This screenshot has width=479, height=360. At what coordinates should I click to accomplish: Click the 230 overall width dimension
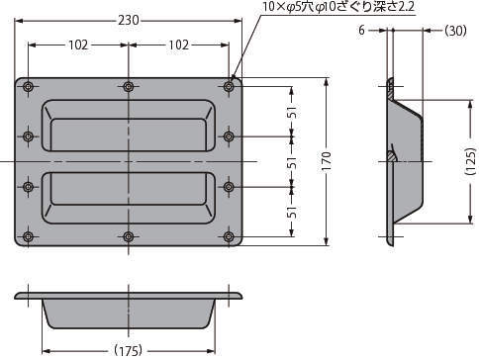(x=129, y=21)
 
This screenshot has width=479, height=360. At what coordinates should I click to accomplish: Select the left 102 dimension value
(x=78, y=45)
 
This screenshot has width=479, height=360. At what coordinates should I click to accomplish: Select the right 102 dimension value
(x=179, y=45)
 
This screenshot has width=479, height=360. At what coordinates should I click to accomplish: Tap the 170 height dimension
(x=326, y=161)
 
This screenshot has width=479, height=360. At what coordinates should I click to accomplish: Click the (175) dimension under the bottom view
(x=129, y=350)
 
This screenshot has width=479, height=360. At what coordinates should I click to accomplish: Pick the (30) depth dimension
(x=455, y=31)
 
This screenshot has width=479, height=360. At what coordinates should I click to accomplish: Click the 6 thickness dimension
(x=362, y=31)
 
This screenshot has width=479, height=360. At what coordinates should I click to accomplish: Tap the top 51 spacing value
(x=292, y=112)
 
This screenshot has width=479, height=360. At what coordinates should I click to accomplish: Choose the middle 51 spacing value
(x=292, y=162)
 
